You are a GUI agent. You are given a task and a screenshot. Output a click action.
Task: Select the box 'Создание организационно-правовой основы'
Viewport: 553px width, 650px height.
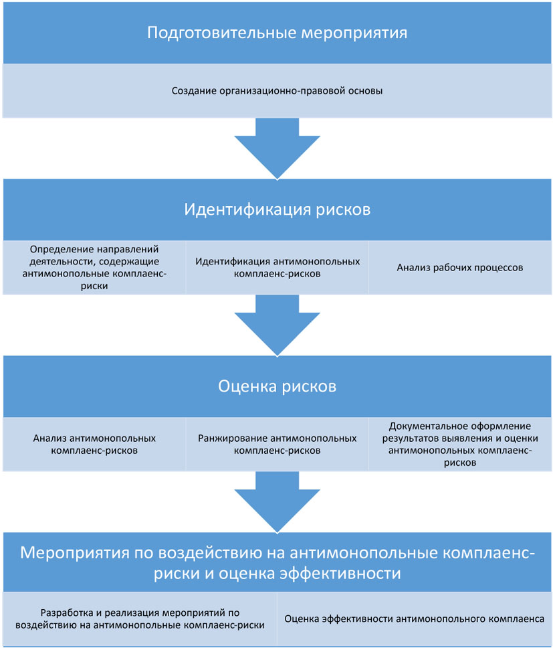[x=277, y=91]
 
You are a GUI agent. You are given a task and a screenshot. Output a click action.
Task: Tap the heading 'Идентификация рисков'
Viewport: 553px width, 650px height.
[x=277, y=210]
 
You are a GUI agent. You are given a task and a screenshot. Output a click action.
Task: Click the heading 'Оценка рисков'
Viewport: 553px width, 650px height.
[x=277, y=386]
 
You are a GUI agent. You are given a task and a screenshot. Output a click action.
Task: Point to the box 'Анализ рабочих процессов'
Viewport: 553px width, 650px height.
[x=459, y=267]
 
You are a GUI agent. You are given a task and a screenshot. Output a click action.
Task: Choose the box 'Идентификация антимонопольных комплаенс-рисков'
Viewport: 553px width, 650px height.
[x=277, y=267]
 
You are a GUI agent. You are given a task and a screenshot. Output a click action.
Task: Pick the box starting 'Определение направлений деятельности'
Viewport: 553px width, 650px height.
[x=94, y=267]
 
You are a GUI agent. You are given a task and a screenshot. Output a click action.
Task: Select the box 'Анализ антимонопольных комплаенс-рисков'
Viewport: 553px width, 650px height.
[x=94, y=444]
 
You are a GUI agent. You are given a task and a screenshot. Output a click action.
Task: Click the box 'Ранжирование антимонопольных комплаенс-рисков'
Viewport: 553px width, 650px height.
[x=277, y=444]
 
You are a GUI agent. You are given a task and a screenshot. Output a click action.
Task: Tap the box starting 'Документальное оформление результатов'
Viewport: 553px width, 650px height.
[x=459, y=444]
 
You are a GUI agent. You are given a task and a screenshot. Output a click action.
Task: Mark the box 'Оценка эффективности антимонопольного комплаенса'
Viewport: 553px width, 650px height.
[x=414, y=619]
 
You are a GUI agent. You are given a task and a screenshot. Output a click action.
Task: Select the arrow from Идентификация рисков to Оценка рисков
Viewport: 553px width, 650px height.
[x=277, y=325]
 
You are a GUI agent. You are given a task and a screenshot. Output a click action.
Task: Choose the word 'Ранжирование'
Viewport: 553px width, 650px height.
[x=231, y=438]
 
